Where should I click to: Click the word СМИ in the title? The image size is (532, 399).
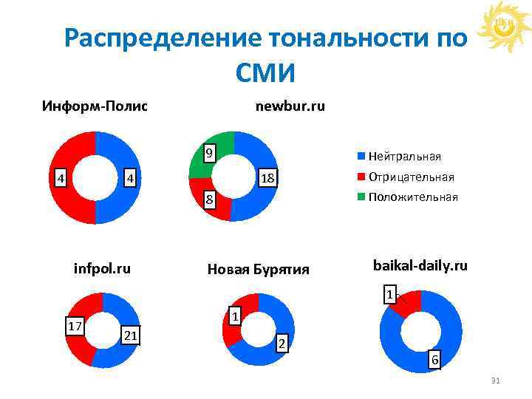point(265,72)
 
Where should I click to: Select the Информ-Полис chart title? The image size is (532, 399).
point(95,106)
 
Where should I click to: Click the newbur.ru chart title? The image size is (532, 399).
point(290,106)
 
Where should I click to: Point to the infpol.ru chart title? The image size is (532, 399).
point(102,268)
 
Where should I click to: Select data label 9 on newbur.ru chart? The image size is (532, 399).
point(210,154)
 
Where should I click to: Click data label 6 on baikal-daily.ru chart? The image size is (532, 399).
point(435,360)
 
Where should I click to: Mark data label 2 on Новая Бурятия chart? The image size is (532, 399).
point(281,344)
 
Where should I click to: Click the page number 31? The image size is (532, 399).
point(495,381)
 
